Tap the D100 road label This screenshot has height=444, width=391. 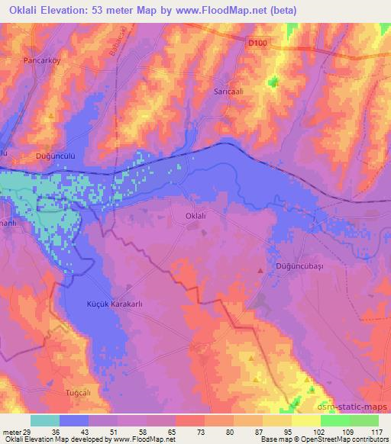[257, 45]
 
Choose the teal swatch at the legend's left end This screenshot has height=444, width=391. [45, 420]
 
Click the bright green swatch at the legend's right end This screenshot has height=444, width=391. [364, 420]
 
